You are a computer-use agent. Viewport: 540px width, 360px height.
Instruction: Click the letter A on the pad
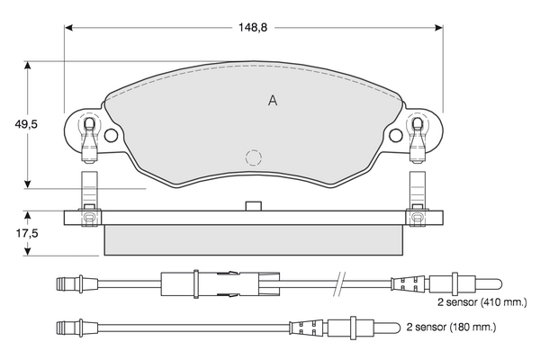(x=273, y=101)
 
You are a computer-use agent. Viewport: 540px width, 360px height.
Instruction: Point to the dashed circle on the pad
(x=254, y=157)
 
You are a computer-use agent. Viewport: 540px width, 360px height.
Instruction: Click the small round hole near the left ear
(x=112, y=136)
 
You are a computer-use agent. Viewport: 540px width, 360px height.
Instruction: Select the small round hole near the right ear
(x=397, y=136)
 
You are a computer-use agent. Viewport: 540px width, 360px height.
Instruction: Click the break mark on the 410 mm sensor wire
(x=339, y=283)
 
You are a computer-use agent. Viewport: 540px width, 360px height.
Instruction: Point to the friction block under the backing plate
(x=254, y=238)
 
